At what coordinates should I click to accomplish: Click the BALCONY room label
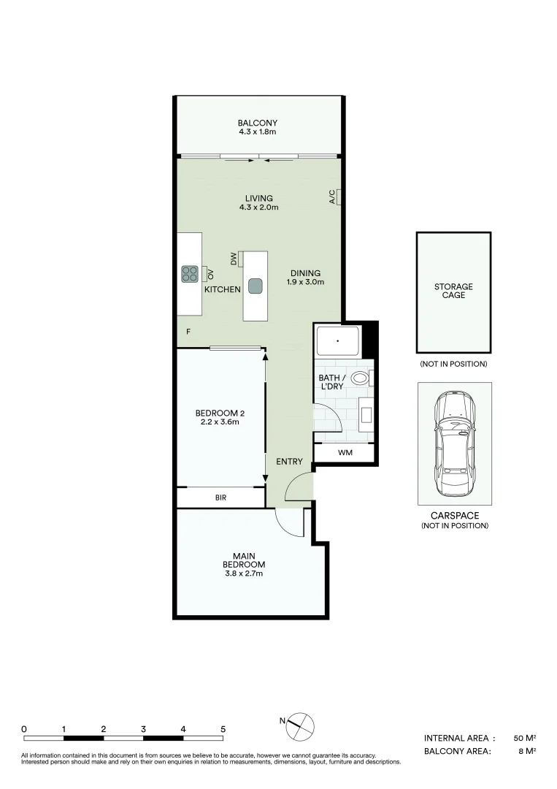point(258,123)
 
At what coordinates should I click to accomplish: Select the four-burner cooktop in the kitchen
point(190,274)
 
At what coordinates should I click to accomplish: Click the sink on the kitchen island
point(255,286)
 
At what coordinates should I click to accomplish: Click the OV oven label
point(210,274)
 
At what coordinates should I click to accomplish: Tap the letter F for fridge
point(188,332)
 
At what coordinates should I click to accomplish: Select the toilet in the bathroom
point(360,378)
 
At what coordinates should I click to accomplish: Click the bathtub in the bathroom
point(337,341)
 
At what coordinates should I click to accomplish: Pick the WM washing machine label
point(345,453)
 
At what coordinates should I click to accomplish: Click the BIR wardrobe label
point(220,498)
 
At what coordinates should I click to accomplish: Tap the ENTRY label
point(289,462)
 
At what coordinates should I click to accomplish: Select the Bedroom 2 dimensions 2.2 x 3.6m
point(220,422)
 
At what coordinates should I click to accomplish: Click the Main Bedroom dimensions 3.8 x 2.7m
point(244,574)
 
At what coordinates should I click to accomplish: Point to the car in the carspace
point(454,443)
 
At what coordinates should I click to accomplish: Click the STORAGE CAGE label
point(453,291)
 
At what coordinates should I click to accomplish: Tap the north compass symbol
point(301,724)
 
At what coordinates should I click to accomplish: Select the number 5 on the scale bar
point(223,729)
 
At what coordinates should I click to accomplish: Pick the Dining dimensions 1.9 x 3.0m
point(304,282)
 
